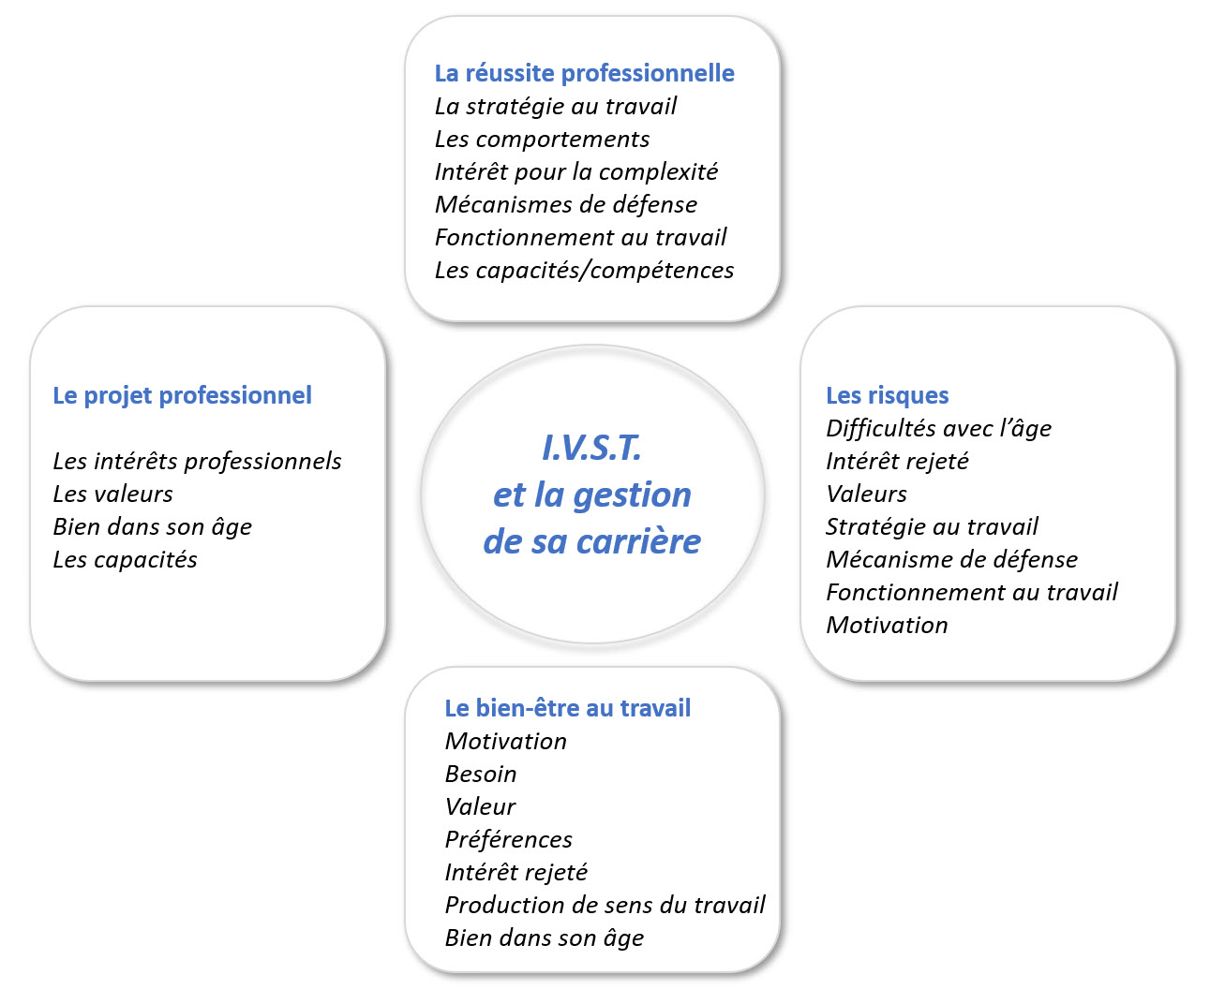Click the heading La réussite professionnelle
[x=584, y=73]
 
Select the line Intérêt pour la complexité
[x=575, y=172]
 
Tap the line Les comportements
[x=542, y=140]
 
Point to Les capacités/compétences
[x=584, y=271]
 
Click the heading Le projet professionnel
[x=182, y=395]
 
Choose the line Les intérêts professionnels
[x=197, y=461]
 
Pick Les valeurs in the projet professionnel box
[x=112, y=494]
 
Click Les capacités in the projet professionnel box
[x=125, y=560]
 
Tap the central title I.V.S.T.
[x=591, y=448]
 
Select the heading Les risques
[x=887, y=395]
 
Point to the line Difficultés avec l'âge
[x=938, y=428]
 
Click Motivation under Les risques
[x=887, y=626]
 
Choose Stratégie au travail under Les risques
[x=932, y=526]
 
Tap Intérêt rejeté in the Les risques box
[x=897, y=461]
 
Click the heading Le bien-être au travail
[x=567, y=708]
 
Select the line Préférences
[x=508, y=839]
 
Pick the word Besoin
[x=481, y=774]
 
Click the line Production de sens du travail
[x=605, y=905]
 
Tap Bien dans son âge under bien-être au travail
[x=545, y=938]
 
